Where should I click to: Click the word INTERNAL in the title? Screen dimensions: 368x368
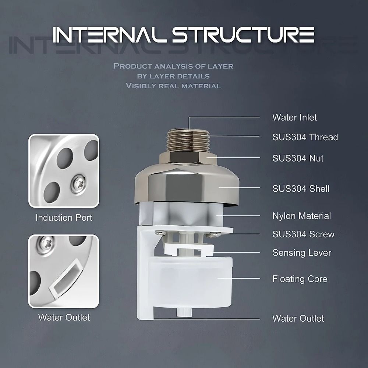[110, 35]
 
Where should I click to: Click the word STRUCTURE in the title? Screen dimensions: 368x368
[243, 35]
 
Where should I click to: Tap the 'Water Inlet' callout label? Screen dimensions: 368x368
[294, 118]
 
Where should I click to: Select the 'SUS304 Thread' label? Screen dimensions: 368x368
[305, 137]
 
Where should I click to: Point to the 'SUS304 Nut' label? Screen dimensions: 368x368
[298, 158]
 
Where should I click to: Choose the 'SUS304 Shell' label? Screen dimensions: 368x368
[301, 189]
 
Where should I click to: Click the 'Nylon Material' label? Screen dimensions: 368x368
[301, 216]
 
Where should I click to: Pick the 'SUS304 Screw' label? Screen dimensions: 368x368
[303, 234]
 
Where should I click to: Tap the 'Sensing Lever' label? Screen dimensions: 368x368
[301, 253]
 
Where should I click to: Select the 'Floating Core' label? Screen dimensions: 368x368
[300, 279]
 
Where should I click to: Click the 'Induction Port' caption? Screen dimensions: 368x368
[64, 218]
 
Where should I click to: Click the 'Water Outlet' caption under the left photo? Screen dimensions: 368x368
[64, 318]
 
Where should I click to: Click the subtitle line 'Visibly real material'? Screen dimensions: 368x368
[173, 86]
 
